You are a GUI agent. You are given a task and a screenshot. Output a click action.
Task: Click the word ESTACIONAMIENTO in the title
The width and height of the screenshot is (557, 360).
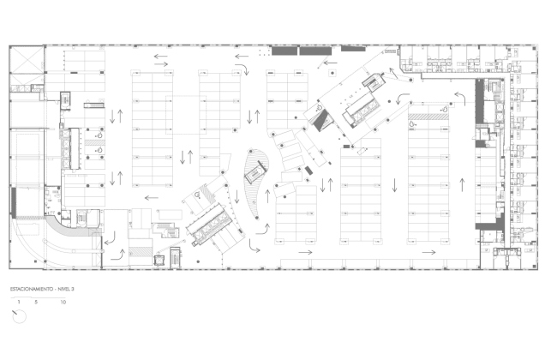pos(32,291)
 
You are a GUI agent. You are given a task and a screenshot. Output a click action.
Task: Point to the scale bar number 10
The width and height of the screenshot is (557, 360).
pos(63,303)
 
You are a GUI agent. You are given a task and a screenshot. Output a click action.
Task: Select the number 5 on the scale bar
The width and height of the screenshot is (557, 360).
pos(37,303)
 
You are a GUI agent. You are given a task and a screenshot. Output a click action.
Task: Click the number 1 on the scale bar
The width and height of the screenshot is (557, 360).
pos(17,303)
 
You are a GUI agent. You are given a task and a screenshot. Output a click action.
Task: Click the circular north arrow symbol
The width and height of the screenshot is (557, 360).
pos(19,316)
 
